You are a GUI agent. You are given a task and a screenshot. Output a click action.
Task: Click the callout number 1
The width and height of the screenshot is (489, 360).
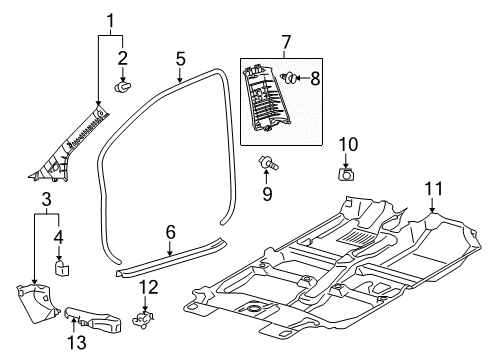(111, 18)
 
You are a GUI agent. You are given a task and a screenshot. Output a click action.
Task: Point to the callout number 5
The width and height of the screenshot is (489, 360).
(180, 59)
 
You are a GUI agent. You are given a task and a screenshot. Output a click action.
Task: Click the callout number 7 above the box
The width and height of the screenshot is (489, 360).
(286, 44)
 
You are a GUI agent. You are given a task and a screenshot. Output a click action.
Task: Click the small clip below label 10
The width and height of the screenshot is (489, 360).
(347, 174)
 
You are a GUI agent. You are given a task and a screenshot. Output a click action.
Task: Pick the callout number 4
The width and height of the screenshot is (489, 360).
(59, 237)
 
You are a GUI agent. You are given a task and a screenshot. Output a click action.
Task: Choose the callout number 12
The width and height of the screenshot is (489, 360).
(148, 288)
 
